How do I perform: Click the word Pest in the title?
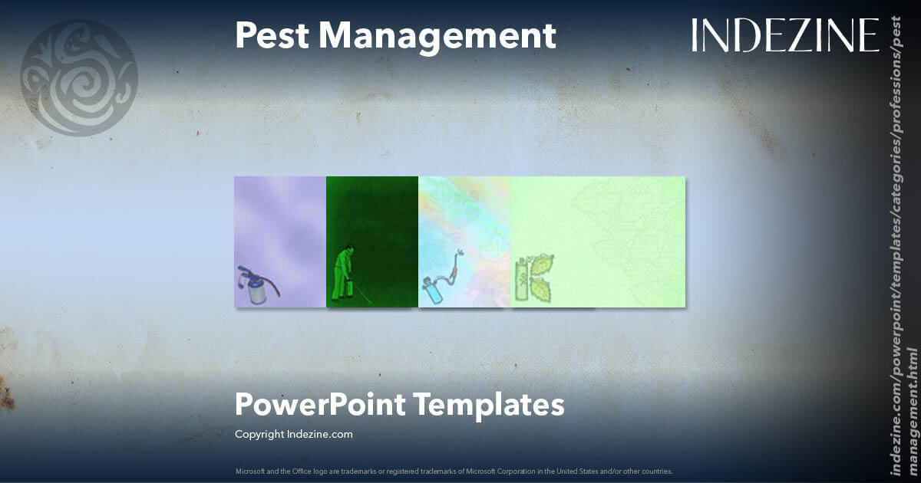coord(269,35)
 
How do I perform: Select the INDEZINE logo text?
coord(784,35)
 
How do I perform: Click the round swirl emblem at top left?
coord(78,77)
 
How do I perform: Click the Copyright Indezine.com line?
coord(293,434)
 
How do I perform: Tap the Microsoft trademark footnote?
coord(454,471)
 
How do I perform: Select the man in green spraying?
coord(343,274)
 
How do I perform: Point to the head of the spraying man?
coord(349,248)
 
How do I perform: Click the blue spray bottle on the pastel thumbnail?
coord(432,292)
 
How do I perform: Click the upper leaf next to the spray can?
coord(540,266)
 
